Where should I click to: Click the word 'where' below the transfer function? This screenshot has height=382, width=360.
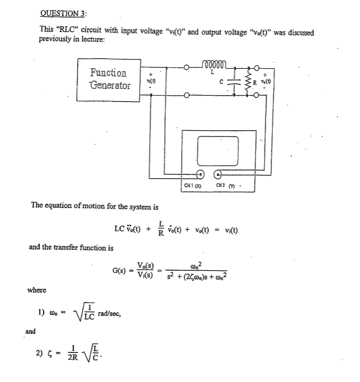(x=36, y=290)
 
